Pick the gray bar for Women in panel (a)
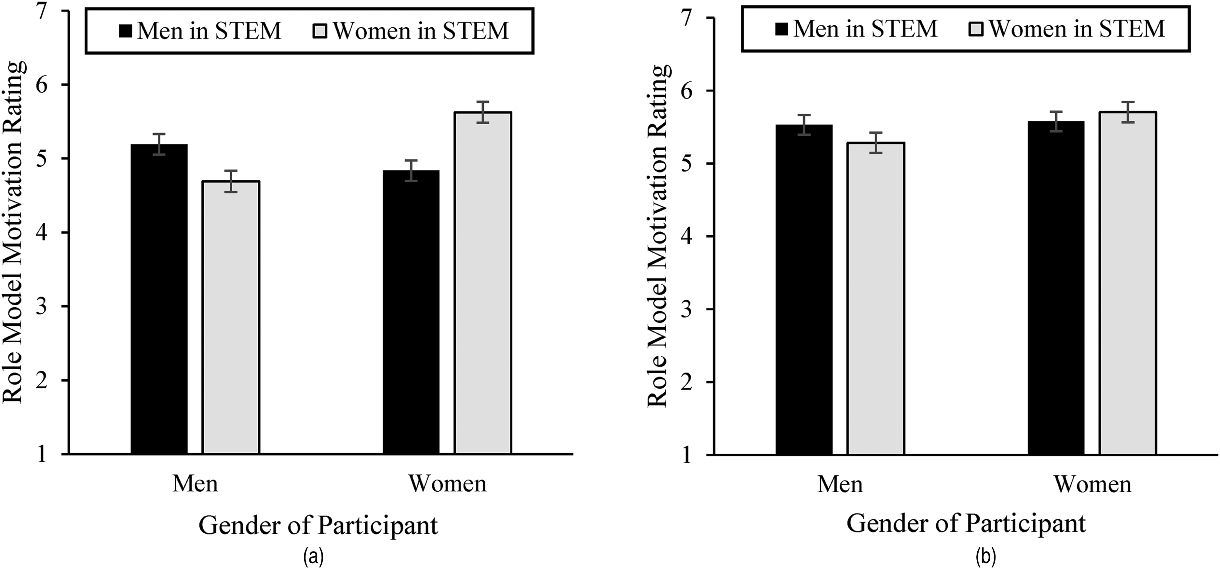coord(483,283)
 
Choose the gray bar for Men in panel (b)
coord(876,298)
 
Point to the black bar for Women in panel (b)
coord(1056,288)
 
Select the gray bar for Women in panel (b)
coord(1128,283)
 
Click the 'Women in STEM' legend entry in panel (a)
coord(411,31)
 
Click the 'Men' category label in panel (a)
coord(195,484)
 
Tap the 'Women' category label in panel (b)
coord(1092,484)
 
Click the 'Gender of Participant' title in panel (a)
coord(318,526)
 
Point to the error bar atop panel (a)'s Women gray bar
coord(483,112)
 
